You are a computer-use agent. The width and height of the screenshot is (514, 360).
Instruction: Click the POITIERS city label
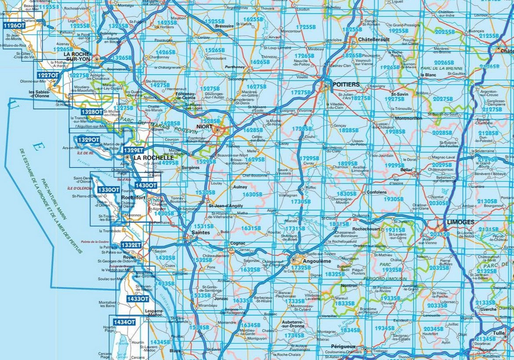346,84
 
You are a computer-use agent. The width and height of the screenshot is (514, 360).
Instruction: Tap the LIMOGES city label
460,222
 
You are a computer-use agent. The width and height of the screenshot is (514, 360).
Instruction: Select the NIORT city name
204,126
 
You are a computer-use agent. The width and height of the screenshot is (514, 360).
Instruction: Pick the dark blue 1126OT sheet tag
14,25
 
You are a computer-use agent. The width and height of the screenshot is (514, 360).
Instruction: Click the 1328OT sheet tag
92,112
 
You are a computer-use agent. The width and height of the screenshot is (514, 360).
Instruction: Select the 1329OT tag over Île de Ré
88,140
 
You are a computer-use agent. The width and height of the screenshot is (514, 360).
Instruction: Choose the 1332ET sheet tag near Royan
131,245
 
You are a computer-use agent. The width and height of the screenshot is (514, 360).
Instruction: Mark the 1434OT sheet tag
124,322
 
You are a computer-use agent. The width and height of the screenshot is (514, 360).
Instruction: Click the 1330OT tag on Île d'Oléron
108,189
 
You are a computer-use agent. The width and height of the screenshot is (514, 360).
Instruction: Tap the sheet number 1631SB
251,228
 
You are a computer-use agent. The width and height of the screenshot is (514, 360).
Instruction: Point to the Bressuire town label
224,26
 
